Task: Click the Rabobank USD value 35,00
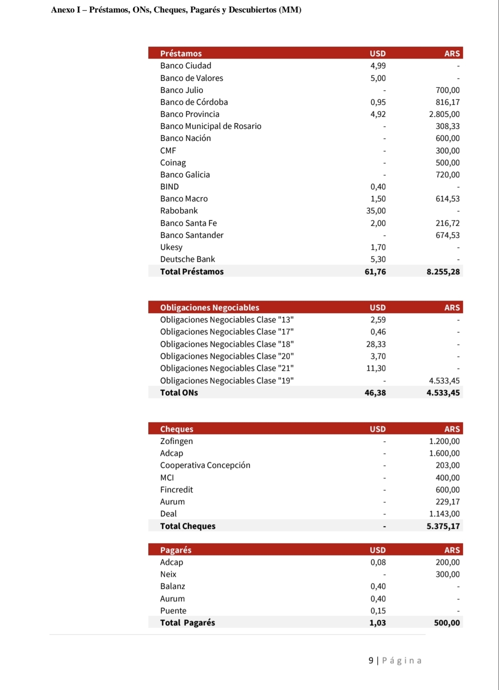[x=376, y=211]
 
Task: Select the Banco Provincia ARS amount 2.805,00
[x=444, y=114]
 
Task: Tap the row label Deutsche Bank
[x=188, y=259]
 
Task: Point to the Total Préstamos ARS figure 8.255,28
[x=443, y=272]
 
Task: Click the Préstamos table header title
[x=181, y=54]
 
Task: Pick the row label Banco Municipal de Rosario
[x=211, y=126]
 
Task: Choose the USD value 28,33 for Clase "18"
[x=376, y=344]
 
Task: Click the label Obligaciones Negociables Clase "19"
[x=227, y=381]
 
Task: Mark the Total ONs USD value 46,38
[x=375, y=393]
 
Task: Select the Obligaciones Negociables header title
[x=209, y=308]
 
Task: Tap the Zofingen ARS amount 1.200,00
[x=444, y=441]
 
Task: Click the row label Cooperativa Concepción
[x=205, y=465]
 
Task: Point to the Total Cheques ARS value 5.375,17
[x=443, y=526]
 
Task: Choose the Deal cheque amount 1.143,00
[x=444, y=514]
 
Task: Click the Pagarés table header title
[x=176, y=550]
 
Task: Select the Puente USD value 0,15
[x=377, y=611]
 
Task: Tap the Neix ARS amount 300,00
[x=447, y=574]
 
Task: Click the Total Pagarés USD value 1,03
[x=377, y=623]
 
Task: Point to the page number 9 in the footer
[x=371, y=660]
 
